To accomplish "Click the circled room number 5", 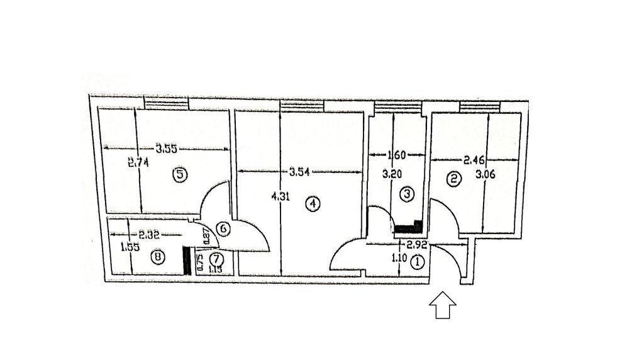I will tap(180, 175).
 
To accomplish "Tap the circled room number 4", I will tap(312, 203).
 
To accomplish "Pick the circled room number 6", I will tap(224, 229).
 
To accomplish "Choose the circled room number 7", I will tap(216, 259).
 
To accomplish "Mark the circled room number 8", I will tap(158, 257).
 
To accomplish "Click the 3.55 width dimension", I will tap(167, 149).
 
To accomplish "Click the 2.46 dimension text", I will tap(475, 160).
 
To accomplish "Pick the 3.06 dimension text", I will tap(486, 175).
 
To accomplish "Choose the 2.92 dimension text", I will tap(418, 245).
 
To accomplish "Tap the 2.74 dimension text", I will tap(137, 162).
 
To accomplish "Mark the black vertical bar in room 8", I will tap(186, 259).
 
